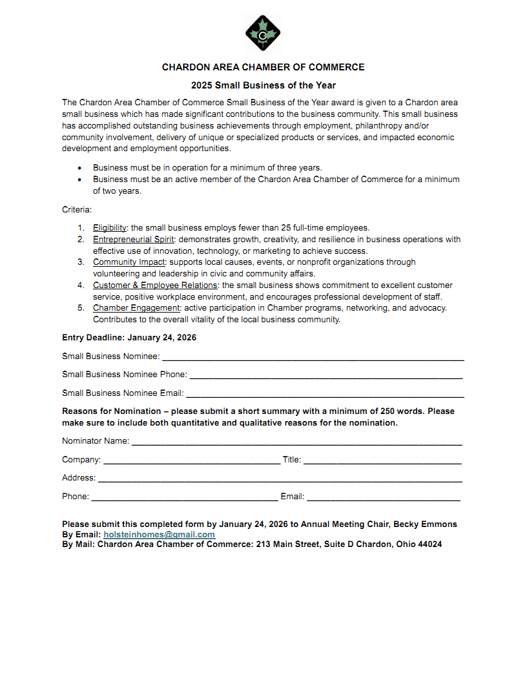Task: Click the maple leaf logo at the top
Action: point(263,32)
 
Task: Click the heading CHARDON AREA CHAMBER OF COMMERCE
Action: point(263,67)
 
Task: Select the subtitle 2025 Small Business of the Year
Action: point(263,85)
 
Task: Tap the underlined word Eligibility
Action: point(109,227)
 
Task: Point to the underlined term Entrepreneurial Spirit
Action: point(134,239)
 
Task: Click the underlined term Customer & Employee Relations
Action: point(155,285)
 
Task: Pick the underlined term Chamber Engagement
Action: point(136,308)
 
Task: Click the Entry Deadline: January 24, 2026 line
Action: point(129,338)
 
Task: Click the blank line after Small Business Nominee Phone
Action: point(325,375)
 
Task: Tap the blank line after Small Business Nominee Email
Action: point(324,394)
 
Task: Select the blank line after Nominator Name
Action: point(296,442)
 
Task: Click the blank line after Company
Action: point(191,461)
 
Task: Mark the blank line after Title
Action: point(382,461)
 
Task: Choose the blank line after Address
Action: point(280,479)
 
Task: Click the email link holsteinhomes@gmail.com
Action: point(159,535)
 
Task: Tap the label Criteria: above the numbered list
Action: point(77,210)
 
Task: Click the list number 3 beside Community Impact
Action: point(81,262)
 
